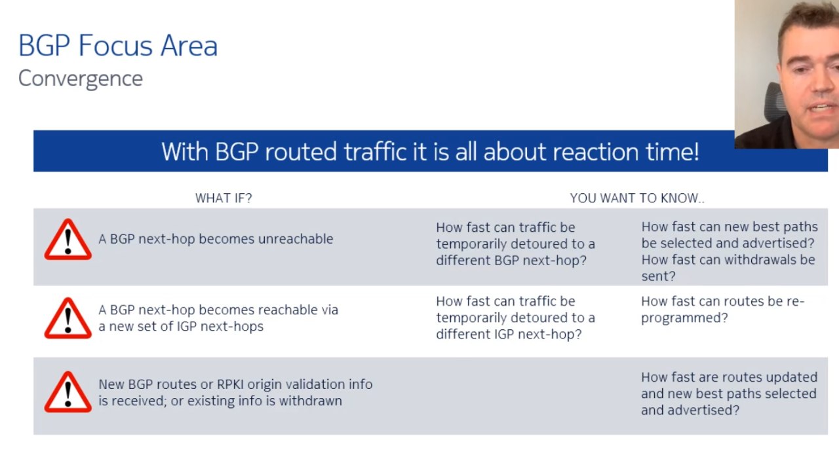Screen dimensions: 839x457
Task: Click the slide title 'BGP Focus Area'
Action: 118,46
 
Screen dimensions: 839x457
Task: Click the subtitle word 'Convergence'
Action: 81,79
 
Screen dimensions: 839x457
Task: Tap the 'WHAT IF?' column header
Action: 224,198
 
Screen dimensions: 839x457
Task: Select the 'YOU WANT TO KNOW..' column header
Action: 637,198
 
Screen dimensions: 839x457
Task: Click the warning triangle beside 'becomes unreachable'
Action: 68,240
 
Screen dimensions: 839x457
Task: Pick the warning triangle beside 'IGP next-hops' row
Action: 68,318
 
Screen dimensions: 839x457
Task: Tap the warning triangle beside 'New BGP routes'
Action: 68,392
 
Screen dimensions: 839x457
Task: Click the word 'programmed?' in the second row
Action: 684,318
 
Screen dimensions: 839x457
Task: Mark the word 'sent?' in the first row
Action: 659,276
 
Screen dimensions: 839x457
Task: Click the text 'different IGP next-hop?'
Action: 509,335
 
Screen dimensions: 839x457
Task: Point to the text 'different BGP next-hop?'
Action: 511,261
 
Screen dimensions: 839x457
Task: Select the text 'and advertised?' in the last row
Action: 690,411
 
